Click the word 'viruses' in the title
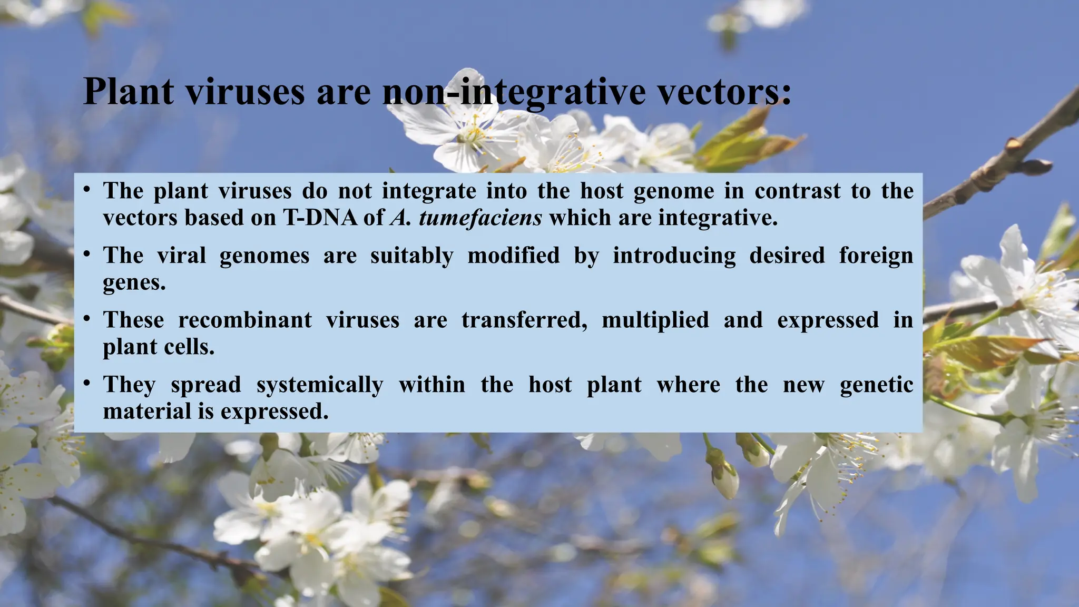246,92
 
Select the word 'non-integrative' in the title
514,92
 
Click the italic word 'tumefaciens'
480,218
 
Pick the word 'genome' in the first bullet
673,191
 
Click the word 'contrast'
797,191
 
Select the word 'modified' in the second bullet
513,256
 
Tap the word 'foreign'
876,256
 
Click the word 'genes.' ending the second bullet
134,283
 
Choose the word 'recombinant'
245,320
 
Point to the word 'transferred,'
524,320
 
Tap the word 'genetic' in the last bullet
876,385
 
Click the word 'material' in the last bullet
146,412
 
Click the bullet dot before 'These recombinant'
87,319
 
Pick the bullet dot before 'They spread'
87,383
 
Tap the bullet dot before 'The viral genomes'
87,254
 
